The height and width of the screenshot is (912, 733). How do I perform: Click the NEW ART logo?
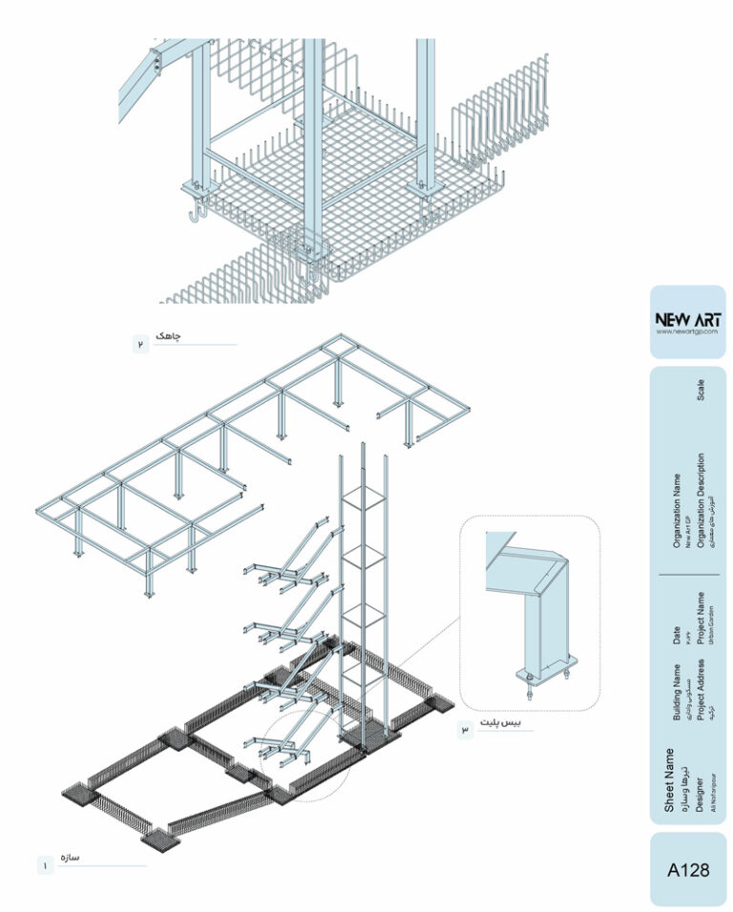point(688,318)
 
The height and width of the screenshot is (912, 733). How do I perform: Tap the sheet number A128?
point(688,870)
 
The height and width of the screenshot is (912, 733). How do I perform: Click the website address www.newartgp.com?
point(688,331)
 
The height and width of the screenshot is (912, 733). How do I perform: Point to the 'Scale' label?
point(702,389)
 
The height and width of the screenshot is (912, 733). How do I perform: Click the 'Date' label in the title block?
point(677,634)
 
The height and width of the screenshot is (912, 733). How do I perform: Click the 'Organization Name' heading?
point(677,511)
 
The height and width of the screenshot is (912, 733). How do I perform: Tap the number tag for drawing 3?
point(466,731)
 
